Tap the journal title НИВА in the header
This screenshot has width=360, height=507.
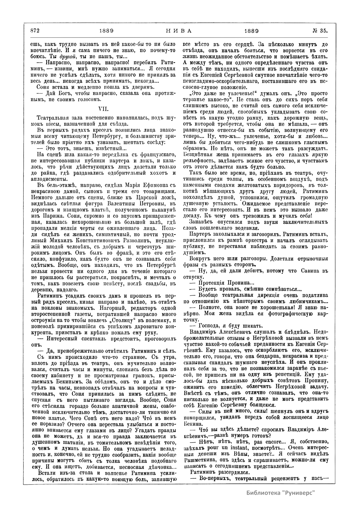179,31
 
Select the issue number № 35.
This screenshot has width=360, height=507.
320,31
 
